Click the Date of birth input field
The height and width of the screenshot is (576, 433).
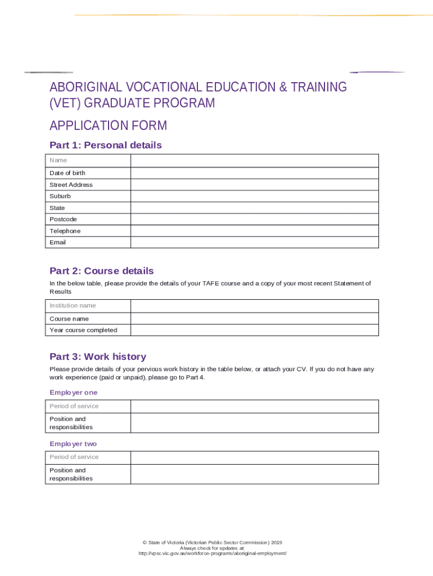tap(254, 173)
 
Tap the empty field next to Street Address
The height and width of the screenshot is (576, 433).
tap(254, 184)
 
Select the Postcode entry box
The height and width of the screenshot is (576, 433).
tap(254, 219)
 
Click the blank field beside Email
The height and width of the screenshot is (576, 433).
tap(254, 242)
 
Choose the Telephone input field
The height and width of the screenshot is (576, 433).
tap(254, 231)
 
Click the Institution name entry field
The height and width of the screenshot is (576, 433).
tap(254, 306)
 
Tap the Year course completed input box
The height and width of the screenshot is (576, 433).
tap(254, 330)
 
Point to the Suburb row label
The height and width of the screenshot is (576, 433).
tap(60, 196)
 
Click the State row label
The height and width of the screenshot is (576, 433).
tap(57, 208)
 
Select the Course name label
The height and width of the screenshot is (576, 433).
tap(69, 319)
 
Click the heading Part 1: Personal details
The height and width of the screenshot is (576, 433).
tap(105, 145)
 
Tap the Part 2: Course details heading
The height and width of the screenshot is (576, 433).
tap(101, 271)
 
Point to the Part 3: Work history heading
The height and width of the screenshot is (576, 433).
tap(98, 357)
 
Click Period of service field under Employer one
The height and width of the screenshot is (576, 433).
tap(254, 406)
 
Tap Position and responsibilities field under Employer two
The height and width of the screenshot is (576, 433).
tap(254, 474)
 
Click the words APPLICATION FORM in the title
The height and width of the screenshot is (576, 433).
tap(108, 125)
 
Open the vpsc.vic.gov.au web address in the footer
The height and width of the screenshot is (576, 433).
tap(213, 553)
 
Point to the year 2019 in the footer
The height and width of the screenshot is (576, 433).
tap(276, 542)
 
